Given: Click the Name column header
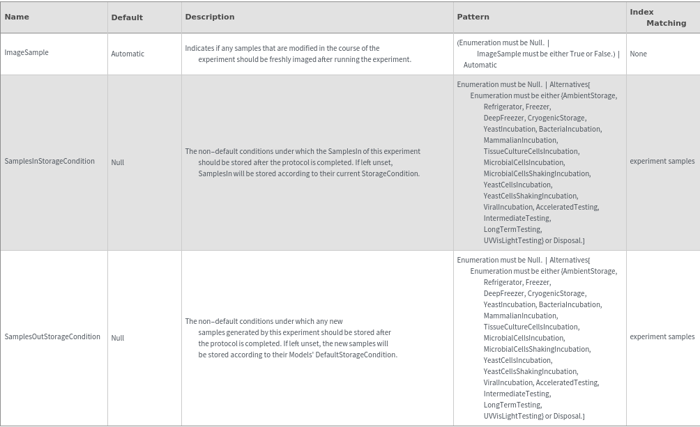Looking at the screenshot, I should (17, 17).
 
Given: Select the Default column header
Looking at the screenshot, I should (127, 17).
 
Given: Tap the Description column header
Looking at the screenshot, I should (210, 17).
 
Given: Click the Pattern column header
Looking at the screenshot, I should (473, 17).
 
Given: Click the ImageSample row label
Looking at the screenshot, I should (26, 53).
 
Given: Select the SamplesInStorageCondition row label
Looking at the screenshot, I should (50, 162).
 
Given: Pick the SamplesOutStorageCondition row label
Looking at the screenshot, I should (52, 337).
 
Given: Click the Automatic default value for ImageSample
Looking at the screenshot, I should (128, 54).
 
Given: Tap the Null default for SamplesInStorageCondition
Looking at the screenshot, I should (118, 162).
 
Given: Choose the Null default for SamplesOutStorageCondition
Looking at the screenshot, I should (118, 338).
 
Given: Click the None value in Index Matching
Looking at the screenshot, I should (638, 54).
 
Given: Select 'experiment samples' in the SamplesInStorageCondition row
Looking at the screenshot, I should (662, 162).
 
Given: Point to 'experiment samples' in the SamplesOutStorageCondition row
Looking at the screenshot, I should (662, 337).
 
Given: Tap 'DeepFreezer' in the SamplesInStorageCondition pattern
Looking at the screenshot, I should (503, 118).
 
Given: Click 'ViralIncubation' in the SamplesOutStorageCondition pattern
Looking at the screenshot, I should (508, 382).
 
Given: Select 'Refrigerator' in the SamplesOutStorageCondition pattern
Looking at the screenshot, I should (503, 283).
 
